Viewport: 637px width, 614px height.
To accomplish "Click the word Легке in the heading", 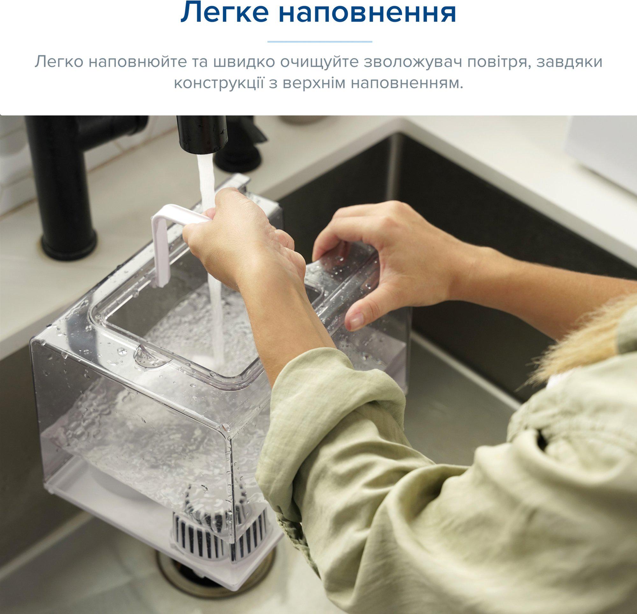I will (x=224, y=13).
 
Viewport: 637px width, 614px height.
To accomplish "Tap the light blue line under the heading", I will (x=319, y=42).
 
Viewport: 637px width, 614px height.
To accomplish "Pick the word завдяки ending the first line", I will (x=569, y=62).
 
